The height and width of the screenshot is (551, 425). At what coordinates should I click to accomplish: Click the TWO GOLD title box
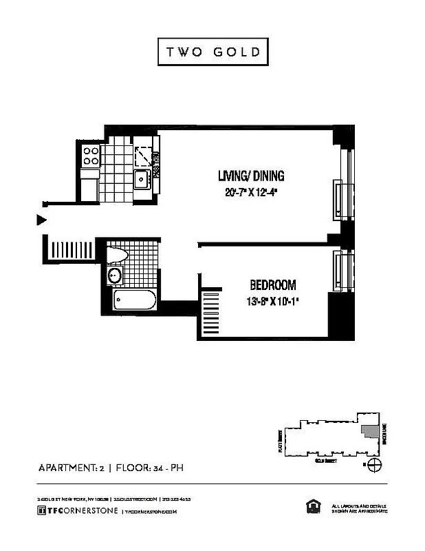pos(212,52)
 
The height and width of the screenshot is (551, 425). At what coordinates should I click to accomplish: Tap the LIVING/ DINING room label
pos(250,176)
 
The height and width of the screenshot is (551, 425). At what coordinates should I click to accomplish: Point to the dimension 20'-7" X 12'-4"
pos(250,193)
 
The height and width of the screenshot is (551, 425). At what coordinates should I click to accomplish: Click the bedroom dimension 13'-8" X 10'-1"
pos(272,301)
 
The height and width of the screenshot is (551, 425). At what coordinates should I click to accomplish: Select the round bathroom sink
pos(115,277)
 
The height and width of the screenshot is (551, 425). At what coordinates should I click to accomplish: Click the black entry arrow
pos(41,220)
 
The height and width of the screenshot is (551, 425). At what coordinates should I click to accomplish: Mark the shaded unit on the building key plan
pos(371,432)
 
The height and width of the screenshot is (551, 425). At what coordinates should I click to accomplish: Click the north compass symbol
pos(373,466)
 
